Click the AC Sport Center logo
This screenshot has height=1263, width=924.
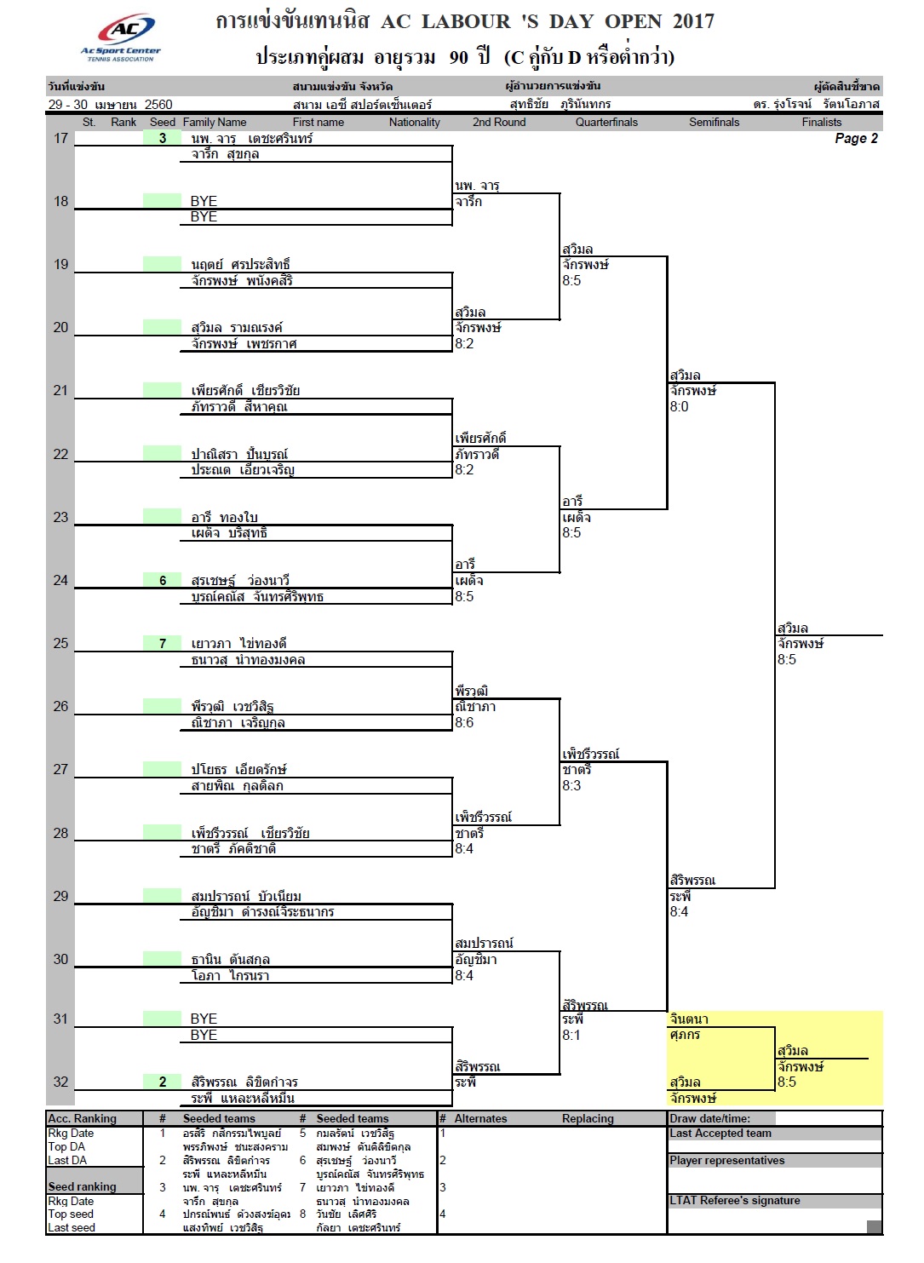(x=121, y=37)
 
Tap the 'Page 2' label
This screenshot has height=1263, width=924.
(x=856, y=139)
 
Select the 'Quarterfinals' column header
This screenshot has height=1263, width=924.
(x=606, y=123)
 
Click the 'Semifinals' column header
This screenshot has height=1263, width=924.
(x=714, y=123)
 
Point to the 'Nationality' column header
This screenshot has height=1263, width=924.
(x=414, y=123)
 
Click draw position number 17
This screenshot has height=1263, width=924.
(x=60, y=139)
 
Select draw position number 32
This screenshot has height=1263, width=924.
(x=60, y=1082)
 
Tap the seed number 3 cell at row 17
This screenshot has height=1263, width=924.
(x=163, y=139)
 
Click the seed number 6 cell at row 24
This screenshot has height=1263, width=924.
(x=163, y=581)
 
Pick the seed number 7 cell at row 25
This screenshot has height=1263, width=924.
(x=163, y=644)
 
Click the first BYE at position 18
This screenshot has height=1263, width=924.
(x=204, y=202)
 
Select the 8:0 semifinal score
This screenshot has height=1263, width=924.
(x=679, y=407)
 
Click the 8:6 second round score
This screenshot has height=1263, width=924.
(x=464, y=723)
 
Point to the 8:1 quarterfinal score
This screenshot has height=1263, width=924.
(x=571, y=1036)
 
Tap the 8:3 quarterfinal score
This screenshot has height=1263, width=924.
(x=571, y=786)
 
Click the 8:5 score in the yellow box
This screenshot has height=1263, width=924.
(x=786, y=1082)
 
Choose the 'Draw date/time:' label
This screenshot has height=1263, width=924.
(x=709, y=1119)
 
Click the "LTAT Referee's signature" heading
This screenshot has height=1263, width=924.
(x=735, y=1201)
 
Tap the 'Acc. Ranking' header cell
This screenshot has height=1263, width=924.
(x=82, y=1119)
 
